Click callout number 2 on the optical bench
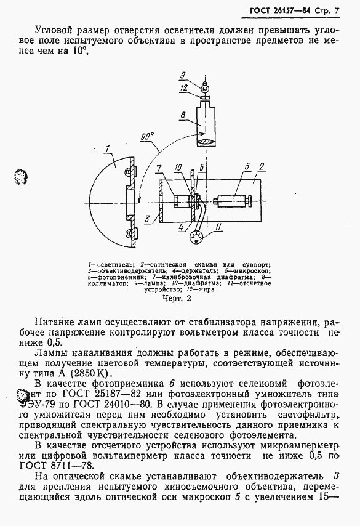[262, 166]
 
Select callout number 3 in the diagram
[147, 219]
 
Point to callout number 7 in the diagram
[159, 168]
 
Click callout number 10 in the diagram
[178, 167]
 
